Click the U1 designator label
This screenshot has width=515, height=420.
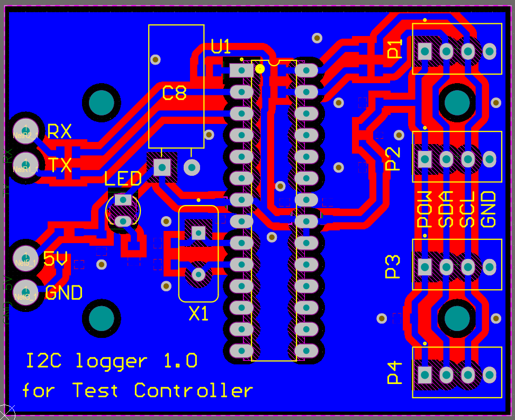[x=221, y=47]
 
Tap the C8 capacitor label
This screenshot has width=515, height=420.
[x=174, y=94]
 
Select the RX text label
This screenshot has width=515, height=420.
[x=59, y=131]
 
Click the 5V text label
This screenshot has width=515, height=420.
[x=55, y=259]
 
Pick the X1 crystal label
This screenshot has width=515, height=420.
[x=199, y=315]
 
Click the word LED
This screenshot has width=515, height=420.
[x=123, y=178]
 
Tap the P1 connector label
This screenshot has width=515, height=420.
[x=395, y=49]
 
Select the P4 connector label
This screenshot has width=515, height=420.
[x=395, y=372]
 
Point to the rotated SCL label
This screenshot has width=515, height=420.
[x=467, y=209]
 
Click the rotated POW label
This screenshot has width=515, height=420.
[x=425, y=209]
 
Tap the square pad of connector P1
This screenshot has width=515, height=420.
[x=425, y=51]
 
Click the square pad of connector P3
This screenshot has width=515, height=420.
[x=425, y=267]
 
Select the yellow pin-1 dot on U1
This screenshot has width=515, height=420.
[x=259, y=68]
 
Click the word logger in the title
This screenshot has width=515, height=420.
[x=112, y=362]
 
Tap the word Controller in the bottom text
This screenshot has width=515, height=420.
[x=193, y=391]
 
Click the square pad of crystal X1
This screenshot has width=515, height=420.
[x=198, y=232]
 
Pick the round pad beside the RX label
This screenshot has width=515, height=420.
[x=25, y=129]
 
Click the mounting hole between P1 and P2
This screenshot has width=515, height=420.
[x=457, y=103]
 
